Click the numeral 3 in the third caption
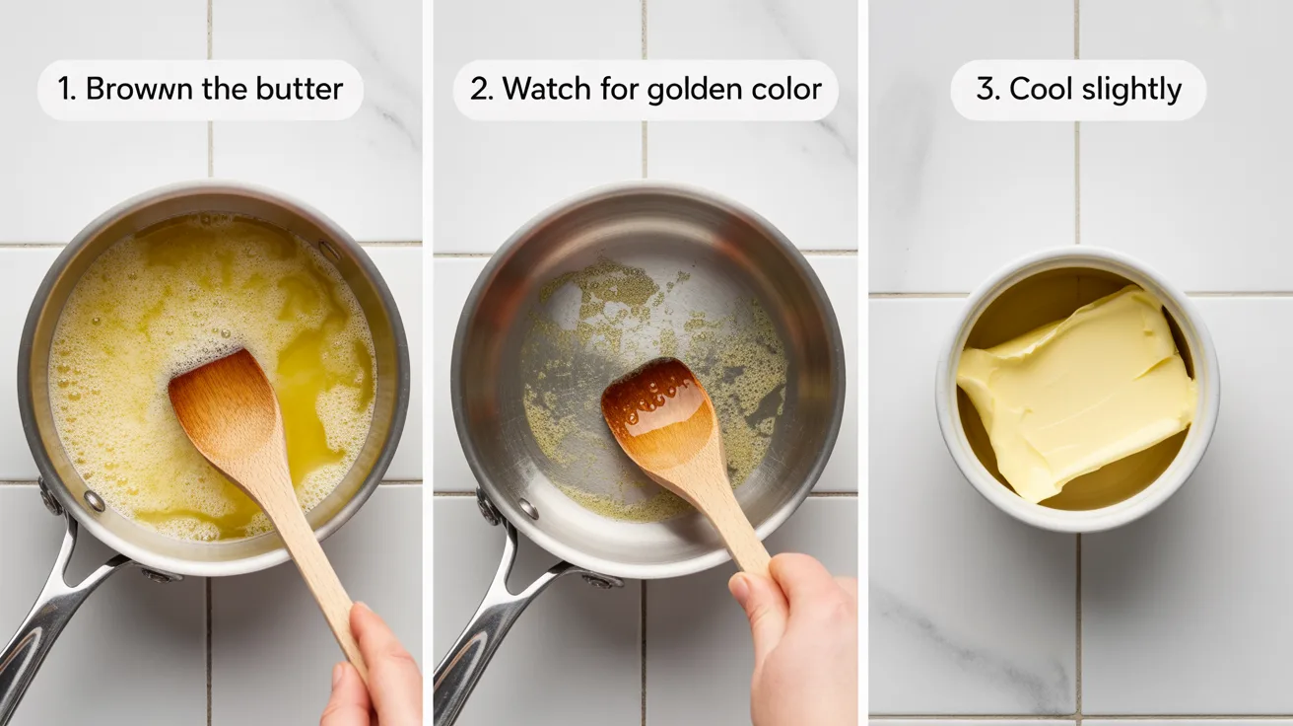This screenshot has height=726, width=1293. pos(986,89)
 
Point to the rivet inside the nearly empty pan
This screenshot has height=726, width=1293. pos(528,509)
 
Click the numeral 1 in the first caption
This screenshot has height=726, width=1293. pos(66,90)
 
